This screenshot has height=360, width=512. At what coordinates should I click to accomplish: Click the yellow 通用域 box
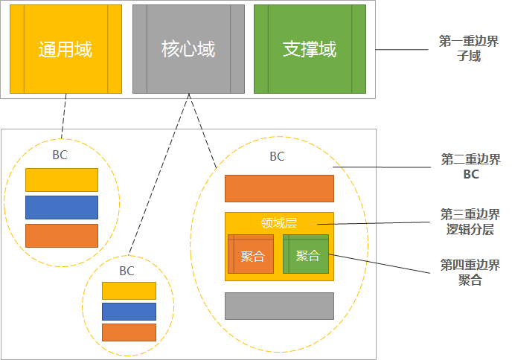pos(65,49)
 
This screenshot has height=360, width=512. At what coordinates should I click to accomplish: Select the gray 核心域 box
pos(188,49)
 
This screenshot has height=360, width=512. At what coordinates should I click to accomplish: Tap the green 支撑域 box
pos(310,49)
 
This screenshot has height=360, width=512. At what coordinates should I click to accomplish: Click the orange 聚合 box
pos(252,254)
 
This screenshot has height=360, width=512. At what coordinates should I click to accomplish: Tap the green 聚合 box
pos(306,254)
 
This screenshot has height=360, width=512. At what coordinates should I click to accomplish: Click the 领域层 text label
pos(279,222)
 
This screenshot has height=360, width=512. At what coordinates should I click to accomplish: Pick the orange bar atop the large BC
pos(279,189)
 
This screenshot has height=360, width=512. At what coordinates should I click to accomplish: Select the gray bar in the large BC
pos(279,306)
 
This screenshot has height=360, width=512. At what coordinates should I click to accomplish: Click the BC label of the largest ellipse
pos(277,156)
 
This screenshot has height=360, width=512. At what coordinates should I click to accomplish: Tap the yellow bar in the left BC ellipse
pos(62,180)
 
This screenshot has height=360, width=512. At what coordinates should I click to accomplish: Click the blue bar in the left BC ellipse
pos(62,208)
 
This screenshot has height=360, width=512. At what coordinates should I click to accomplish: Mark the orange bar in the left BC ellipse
pos(62,235)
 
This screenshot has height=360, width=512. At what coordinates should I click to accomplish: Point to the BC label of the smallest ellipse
pos(127,271)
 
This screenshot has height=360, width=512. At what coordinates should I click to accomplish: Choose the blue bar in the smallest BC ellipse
pos(129,311)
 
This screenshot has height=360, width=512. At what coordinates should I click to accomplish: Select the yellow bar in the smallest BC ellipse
pos(129,291)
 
